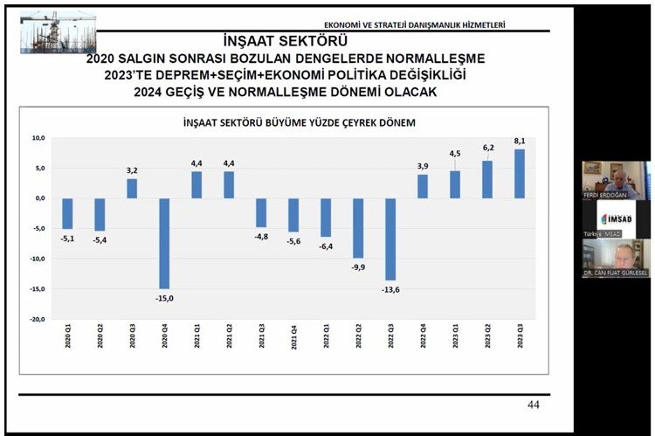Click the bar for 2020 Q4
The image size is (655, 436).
click(x=164, y=243)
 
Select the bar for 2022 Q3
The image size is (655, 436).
click(x=390, y=239)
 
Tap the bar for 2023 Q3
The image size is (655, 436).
click(x=520, y=174)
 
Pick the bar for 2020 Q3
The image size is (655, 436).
click(x=132, y=189)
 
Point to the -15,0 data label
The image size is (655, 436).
click(x=164, y=298)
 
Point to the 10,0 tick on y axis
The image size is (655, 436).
click(x=38, y=138)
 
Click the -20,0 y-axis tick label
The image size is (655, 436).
click(x=37, y=320)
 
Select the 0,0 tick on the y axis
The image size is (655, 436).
click(x=39, y=198)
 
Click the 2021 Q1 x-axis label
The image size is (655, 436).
click(x=196, y=337)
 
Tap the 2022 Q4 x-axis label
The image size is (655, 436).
click(x=423, y=337)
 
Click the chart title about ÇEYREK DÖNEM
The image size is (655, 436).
click(x=286, y=122)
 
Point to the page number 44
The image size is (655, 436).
click(x=534, y=405)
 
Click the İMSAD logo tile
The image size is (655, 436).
click(x=617, y=218)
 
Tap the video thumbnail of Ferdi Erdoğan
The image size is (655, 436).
click(x=617, y=179)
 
